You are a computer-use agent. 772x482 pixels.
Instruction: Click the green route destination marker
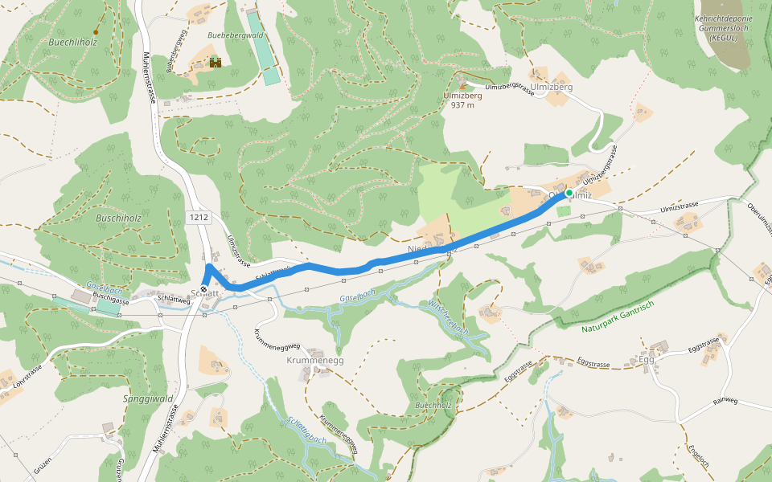pyautogui.click(x=569, y=193)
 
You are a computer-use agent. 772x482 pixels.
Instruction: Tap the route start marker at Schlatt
pyautogui.click(x=204, y=292)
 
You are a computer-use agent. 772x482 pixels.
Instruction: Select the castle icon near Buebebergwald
pyautogui.click(x=215, y=63)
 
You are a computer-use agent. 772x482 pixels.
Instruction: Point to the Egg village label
pyautogui.click(x=647, y=359)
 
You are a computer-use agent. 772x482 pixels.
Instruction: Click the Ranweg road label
pyautogui.click(x=725, y=401)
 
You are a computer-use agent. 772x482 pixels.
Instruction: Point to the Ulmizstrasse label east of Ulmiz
pyautogui.click(x=679, y=207)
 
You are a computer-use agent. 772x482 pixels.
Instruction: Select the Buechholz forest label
pyautogui.click(x=433, y=406)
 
